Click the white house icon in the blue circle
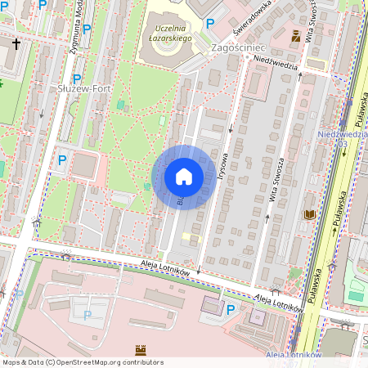click(x=184, y=177)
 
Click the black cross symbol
click(x=16, y=43)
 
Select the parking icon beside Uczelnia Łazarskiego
click(x=210, y=24)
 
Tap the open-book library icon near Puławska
click(x=309, y=214)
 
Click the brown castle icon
click(x=138, y=349)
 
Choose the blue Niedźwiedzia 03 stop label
click(x=337, y=137)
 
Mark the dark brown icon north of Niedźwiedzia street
click(x=295, y=35)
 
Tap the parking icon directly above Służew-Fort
click(x=77, y=79)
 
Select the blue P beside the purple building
click(x=231, y=309)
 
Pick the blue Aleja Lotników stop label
click(x=292, y=354)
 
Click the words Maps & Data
click(x=22, y=361)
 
